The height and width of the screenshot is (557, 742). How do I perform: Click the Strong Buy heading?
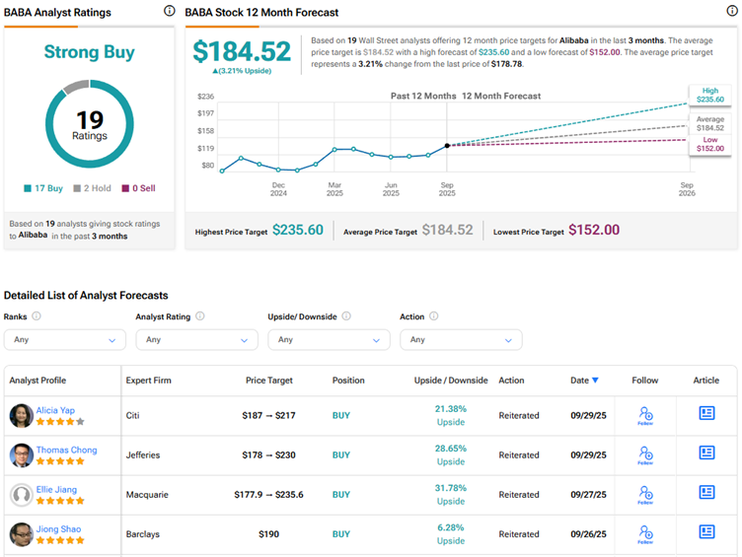[x=90, y=52]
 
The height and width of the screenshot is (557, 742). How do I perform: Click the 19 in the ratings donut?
[x=90, y=118]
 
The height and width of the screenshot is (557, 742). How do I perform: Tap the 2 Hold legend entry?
[x=93, y=188]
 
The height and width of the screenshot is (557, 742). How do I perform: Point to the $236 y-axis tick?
[x=205, y=97]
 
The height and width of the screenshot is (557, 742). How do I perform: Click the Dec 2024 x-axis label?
[x=278, y=188]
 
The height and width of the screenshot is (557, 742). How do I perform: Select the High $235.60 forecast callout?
[x=710, y=95]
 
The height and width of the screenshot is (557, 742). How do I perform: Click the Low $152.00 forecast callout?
[x=710, y=144]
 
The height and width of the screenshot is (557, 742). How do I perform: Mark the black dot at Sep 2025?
[x=447, y=145]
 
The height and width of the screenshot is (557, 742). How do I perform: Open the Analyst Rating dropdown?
[x=196, y=339]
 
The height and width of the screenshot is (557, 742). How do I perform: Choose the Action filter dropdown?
[x=461, y=339]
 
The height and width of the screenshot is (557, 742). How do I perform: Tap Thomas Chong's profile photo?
[x=21, y=454]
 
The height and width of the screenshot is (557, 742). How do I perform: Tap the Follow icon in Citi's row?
[x=645, y=415]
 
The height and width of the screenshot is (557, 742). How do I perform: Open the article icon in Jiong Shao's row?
[x=706, y=531]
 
